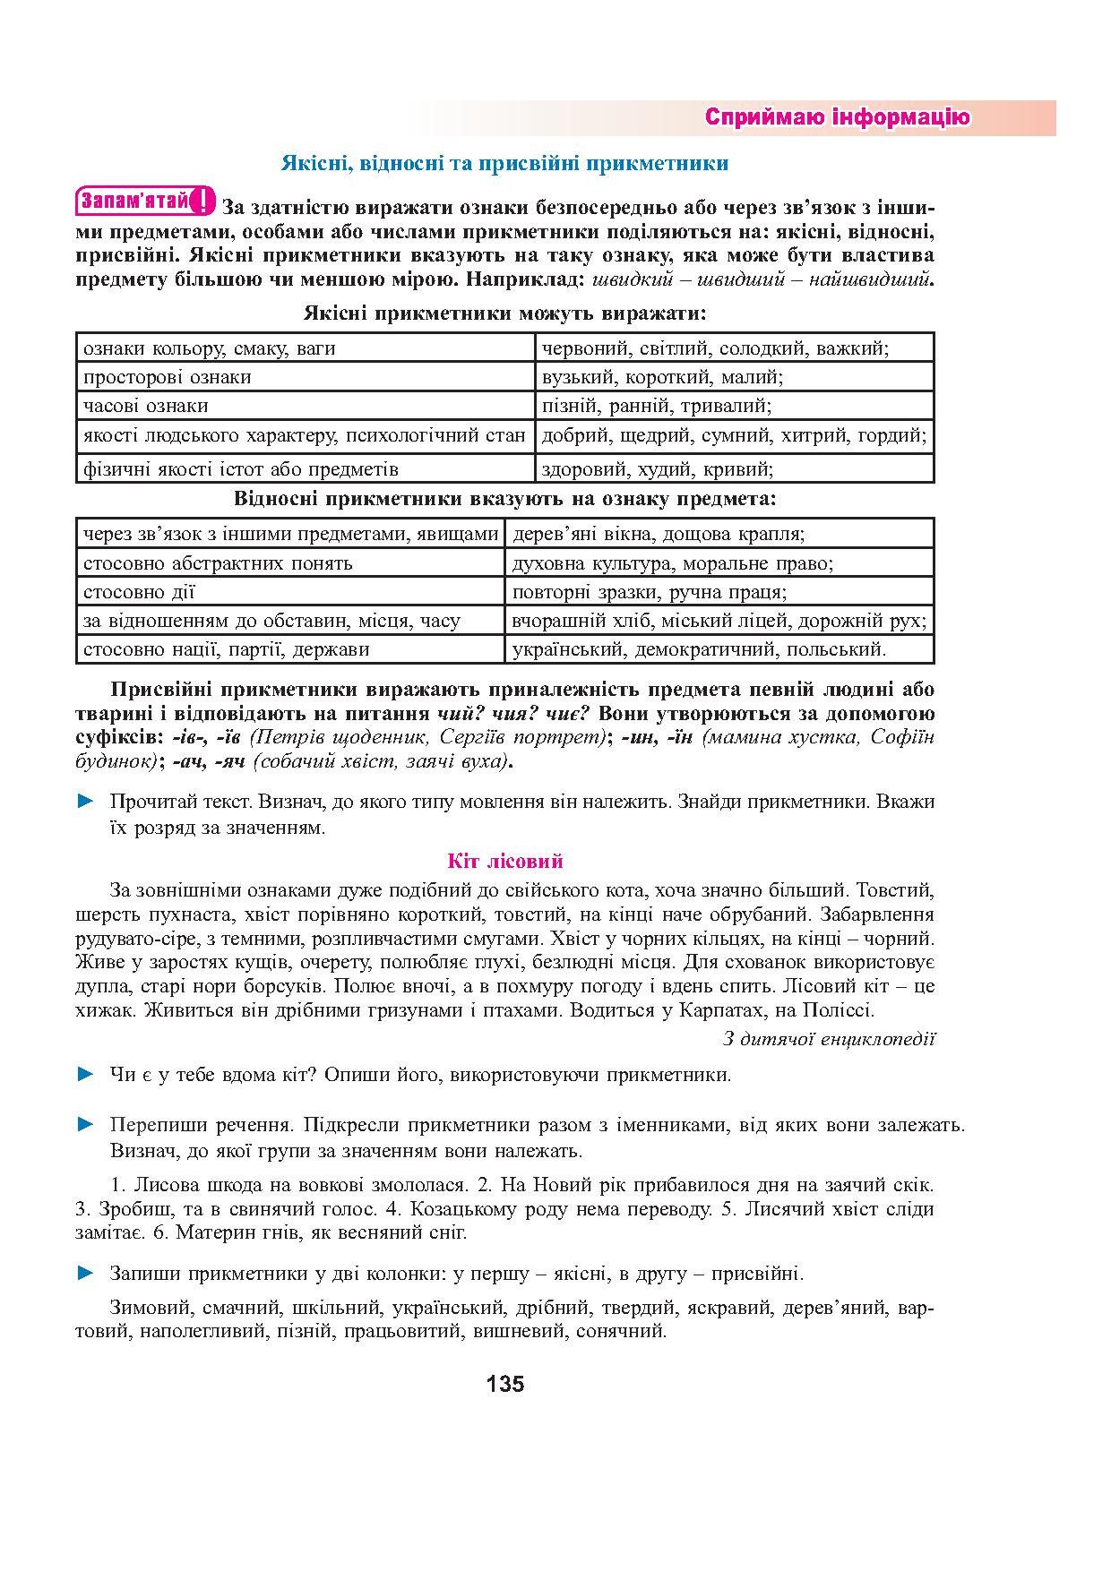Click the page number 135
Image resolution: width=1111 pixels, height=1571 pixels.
[505, 1385]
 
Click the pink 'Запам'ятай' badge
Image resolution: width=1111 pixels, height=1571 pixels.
[146, 201]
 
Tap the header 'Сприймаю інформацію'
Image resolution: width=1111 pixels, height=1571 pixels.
[837, 117]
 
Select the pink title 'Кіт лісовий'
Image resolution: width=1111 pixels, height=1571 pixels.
[505, 862]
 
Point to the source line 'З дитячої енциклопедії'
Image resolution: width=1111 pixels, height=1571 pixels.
[829, 1039]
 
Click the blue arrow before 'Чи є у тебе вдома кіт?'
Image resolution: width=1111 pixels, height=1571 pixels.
[86, 1074]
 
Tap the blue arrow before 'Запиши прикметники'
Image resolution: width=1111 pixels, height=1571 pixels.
[86, 1273]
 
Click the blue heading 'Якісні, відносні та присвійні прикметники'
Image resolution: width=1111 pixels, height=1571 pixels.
[504, 163]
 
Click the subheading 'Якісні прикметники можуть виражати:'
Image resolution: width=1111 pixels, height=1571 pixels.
[504, 313]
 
